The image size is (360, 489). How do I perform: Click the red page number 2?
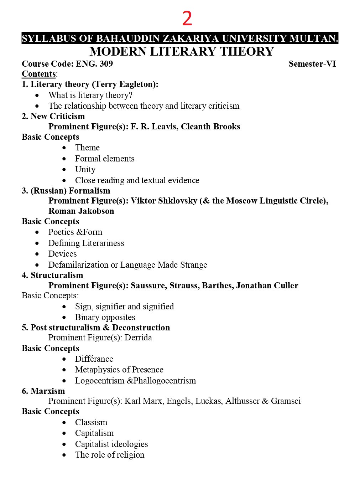coord(187,19)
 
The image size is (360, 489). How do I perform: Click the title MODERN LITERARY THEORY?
coord(181,52)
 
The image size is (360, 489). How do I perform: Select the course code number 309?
coord(106,64)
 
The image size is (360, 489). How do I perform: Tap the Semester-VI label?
coord(312,64)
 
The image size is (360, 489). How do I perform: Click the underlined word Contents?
coord(38,74)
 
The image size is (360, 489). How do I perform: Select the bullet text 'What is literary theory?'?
coord(90,95)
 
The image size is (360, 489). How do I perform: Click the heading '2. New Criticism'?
coord(53,116)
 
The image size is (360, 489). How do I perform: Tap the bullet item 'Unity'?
coord(85,169)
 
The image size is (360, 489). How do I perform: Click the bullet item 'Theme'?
coord(87,148)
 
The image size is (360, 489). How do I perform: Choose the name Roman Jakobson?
coord(81,211)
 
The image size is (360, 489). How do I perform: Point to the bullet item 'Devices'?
coord(62,254)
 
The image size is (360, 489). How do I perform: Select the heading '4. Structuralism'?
coord(52,275)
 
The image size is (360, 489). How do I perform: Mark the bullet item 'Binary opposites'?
coord(105,317)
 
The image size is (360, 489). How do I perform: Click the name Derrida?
coord(138,338)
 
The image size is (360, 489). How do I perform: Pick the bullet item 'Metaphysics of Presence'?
coord(119,370)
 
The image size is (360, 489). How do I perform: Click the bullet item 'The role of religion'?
coord(110,455)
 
